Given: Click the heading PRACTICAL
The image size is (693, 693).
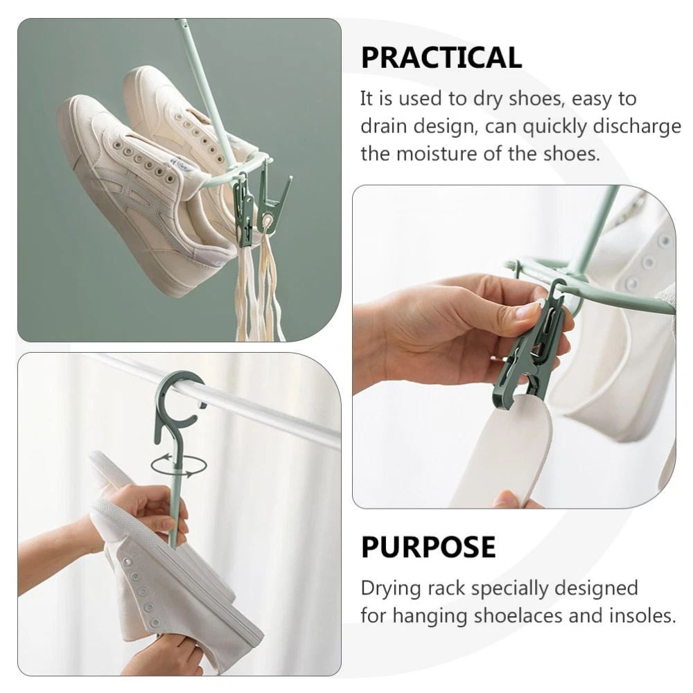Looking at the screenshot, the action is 441,58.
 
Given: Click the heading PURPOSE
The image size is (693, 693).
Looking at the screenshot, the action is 428,547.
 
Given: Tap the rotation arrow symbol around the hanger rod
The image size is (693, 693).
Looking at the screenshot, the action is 179,466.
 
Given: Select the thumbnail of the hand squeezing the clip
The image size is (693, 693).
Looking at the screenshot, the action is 514,346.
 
